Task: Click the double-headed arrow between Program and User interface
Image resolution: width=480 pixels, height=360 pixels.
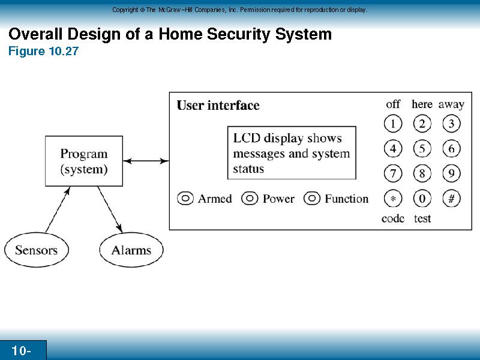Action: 146,161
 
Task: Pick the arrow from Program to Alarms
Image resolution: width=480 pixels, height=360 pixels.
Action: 110,209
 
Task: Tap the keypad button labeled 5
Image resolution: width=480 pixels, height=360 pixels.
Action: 422,149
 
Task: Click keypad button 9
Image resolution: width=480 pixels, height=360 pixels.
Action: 452,173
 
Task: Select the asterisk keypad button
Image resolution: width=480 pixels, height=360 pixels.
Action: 393,199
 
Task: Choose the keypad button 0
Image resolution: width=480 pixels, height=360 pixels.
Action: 422,199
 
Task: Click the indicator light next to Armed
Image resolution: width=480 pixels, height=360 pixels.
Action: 185,199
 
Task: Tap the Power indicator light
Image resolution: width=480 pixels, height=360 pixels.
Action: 250,199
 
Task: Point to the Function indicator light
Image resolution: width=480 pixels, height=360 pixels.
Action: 312,199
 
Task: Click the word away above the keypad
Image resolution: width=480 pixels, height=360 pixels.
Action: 451,104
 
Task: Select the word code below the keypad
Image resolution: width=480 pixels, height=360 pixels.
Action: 393,218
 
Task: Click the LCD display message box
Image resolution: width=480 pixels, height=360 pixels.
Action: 292,153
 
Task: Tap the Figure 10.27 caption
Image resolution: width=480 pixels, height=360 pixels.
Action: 43,51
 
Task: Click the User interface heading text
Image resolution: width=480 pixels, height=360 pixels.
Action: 218,106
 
